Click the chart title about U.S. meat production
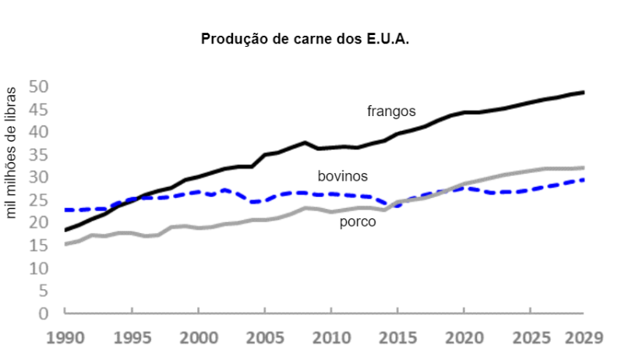[x=305, y=39]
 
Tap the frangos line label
[x=391, y=111]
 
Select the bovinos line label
[x=342, y=176]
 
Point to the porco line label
[x=358, y=222]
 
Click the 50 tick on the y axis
[x=38, y=86]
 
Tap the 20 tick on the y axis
[x=38, y=222]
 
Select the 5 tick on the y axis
[x=44, y=291]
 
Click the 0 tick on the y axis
[x=44, y=313]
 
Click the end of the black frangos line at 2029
[x=584, y=92]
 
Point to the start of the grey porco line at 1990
[x=65, y=244]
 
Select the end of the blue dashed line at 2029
[x=584, y=180]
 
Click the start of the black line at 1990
[x=65, y=230]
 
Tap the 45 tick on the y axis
[x=38, y=108]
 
